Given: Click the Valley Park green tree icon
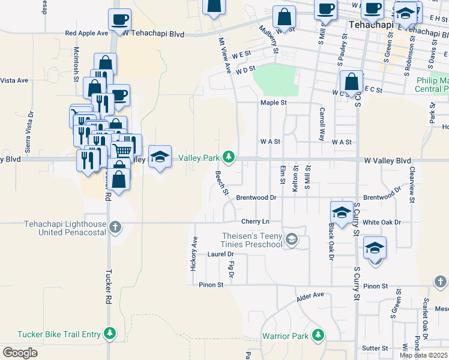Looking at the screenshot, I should [228, 157].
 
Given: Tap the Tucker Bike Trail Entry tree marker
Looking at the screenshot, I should [109, 332].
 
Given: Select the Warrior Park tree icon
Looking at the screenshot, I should [318, 335].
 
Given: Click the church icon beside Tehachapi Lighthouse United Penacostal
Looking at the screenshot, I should [115, 227].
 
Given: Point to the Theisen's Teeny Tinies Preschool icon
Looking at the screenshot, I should [291, 239].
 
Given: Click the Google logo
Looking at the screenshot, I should [20, 353].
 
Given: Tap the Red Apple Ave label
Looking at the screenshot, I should [86, 34].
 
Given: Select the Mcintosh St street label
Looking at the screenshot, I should [76, 64].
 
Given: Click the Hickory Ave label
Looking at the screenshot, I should [194, 253].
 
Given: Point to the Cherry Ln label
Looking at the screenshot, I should [255, 222].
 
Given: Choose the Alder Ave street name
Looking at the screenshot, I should [310, 295].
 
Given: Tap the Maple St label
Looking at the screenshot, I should [274, 103].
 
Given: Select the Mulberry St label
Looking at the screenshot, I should [268, 39].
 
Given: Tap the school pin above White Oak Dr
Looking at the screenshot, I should [342, 212].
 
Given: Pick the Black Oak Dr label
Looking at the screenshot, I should [330, 243].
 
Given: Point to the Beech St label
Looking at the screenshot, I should [221, 183].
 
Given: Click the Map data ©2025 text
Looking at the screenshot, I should [423, 355].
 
